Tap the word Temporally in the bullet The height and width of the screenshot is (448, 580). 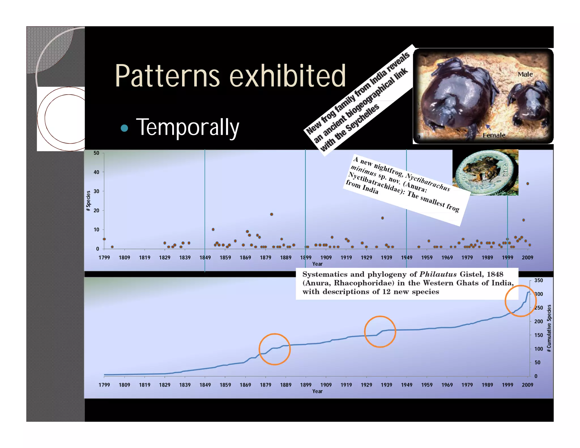(187, 127)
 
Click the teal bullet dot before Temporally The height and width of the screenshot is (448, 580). (124, 128)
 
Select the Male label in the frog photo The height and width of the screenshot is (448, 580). (525, 74)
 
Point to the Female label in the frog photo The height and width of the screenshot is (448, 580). (494, 135)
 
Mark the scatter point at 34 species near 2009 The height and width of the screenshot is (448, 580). (528, 184)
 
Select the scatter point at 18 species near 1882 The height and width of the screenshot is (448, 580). (272, 214)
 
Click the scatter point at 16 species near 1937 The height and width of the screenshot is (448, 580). (382, 218)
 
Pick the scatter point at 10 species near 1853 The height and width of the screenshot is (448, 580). (213, 229)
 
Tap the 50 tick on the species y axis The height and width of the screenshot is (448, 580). (96, 153)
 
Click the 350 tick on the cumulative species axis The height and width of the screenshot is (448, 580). (538, 280)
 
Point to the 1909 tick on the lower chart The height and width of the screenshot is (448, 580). (326, 385)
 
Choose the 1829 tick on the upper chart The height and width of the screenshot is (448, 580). (165, 257)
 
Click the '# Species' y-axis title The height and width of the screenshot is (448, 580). (88, 199)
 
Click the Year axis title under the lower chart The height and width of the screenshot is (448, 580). (317, 391)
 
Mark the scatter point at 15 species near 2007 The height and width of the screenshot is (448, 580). (523, 220)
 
